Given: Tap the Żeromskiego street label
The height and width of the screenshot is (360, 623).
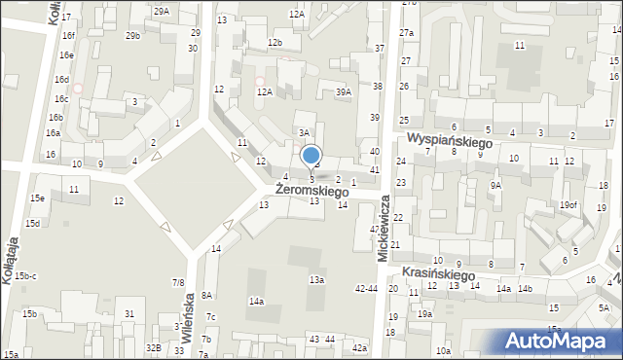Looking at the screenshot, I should point(311,192).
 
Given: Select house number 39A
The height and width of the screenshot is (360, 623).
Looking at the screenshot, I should point(343,92).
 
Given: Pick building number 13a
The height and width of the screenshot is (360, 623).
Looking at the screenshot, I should point(316,280).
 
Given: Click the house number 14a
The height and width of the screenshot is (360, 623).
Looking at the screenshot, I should point(256,302).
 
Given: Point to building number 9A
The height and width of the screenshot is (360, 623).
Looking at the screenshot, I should point(495,185).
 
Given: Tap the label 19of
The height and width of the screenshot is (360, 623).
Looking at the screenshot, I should point(568,204).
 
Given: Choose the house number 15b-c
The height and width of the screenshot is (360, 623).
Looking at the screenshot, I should point(25,276).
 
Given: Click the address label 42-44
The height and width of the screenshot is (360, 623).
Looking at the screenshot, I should point(366,288).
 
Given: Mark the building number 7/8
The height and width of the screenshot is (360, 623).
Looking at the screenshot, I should point(178,282).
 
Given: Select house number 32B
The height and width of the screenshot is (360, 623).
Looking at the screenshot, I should point(153,347).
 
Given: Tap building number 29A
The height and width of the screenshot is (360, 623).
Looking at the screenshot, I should point(161,11).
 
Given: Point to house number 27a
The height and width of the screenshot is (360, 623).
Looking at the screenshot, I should point(406,33).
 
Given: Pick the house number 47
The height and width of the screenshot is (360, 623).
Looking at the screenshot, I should point(374,230).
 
